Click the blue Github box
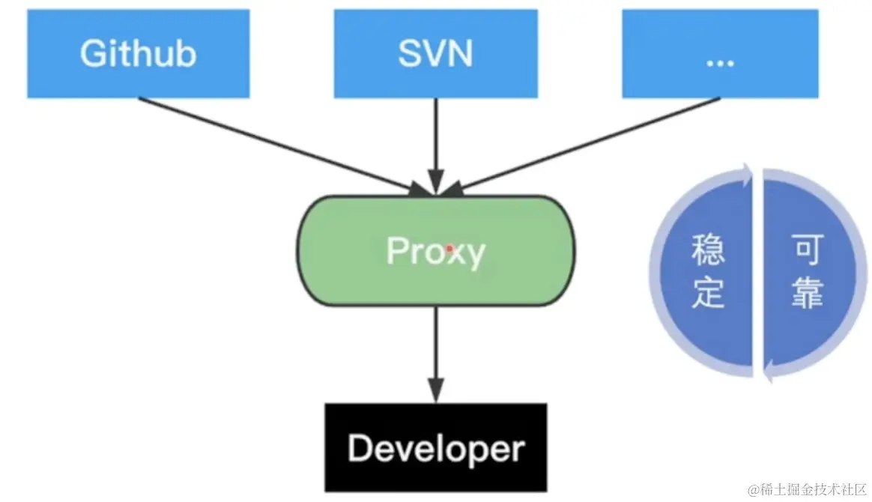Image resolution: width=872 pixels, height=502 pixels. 138,53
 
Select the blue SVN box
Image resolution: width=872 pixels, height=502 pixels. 435,53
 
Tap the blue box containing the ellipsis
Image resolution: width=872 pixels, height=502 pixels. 720,53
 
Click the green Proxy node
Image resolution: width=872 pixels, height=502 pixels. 437,250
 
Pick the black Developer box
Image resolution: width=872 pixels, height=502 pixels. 436,448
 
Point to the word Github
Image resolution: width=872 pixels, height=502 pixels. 138,54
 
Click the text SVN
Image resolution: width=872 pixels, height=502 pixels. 435,54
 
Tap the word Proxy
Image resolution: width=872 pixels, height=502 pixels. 435,252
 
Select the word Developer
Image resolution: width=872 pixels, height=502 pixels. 436,449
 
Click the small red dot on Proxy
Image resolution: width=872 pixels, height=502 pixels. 449,247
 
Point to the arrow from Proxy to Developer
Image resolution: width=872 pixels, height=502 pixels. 435,352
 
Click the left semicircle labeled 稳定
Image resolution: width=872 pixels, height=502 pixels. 704,273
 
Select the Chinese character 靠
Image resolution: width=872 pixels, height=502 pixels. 808,294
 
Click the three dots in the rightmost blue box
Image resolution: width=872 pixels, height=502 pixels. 720,60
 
